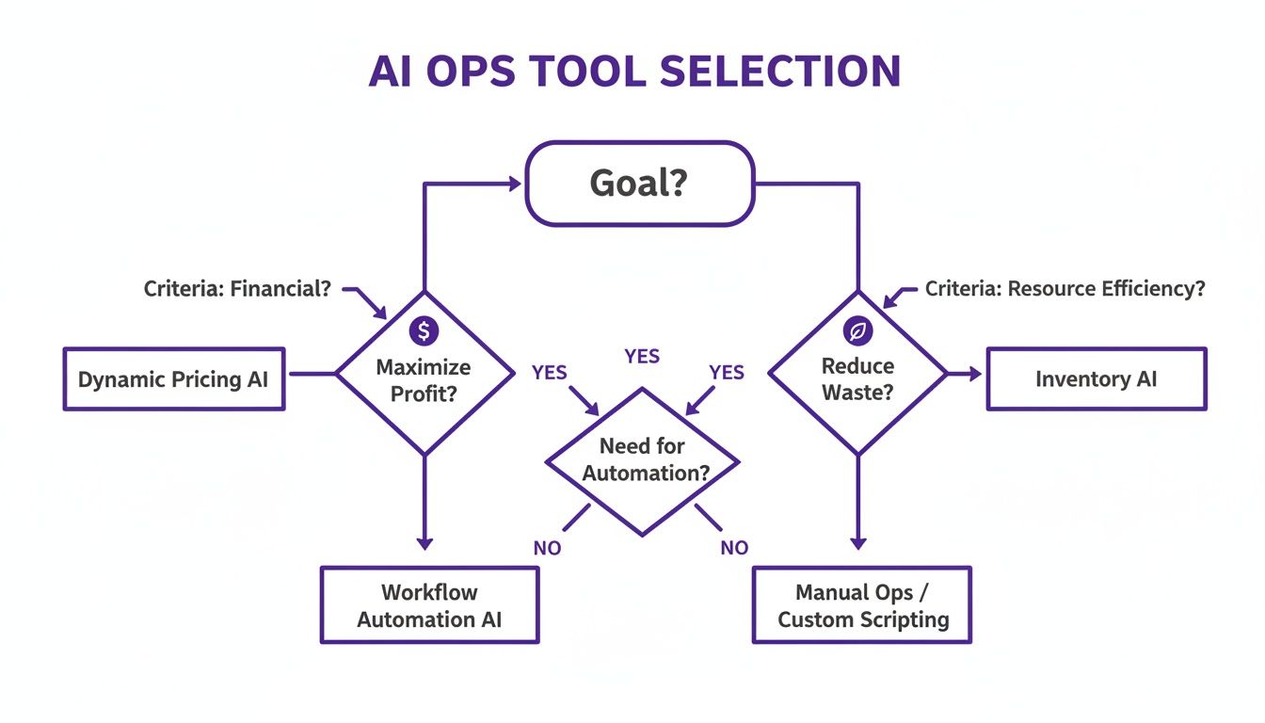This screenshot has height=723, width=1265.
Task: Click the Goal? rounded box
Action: [x=639, y=183]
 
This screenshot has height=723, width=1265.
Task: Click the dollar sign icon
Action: [x=424, y=330]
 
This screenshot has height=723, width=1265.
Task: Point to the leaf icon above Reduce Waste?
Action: [x=858, y=330]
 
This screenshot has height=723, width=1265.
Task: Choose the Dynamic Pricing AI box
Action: [x=173, y=378]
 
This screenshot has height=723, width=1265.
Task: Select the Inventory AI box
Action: [x=1096, y=378]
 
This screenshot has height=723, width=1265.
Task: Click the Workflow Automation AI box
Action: [x=429, y=604]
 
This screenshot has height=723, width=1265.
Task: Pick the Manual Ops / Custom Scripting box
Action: [x=861, y=604]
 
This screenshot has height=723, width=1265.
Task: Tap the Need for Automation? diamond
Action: [x=643, y=460]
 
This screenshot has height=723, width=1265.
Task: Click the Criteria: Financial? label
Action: [x=237, y=289]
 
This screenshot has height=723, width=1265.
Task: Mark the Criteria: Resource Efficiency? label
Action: [x=1065, y=289]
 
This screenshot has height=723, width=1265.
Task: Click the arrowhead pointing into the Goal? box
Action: [x=515, y=185]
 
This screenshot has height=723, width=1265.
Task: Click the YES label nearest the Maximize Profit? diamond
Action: [x=549, y=373]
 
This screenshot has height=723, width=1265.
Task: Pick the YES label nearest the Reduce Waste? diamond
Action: [x=726, y=373]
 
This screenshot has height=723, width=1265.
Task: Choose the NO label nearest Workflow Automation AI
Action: [x=547, y=547]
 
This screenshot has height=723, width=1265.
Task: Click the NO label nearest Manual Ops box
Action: [x=734, y=547]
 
